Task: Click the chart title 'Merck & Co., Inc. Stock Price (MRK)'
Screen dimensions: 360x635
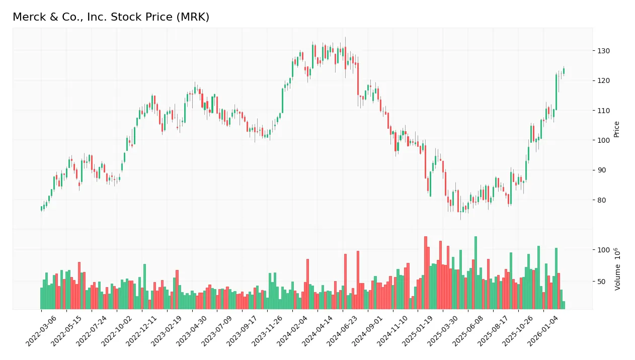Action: (x=111, y=17)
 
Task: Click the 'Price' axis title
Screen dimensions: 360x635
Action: (x=617, y=129)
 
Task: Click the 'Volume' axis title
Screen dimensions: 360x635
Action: (x=617, y=268)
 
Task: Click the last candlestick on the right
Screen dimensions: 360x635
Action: (x=564, y=71)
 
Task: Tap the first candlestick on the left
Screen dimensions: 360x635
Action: (x=41, y=208)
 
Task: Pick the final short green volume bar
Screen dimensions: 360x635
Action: (x=564, y=305)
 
